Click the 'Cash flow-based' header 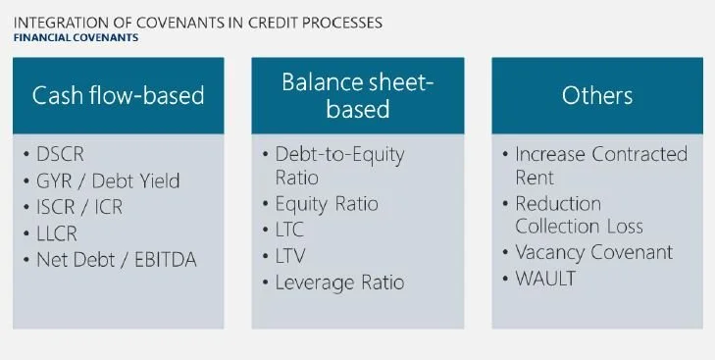click(x=118, y=95)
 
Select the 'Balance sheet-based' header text click(x=357, y=95)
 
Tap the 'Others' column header click(x=597, y=95)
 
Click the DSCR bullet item click(x=60, y=154)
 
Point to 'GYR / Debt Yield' click(x=108, y=180)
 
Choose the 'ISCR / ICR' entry click(x=79, y=207)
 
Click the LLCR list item click(x=57, y=233)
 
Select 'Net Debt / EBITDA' click(x=117, y=260)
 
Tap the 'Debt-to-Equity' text click(x=339, y=155)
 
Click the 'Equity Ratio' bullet click(x=327, y=204)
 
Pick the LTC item click(x=289, y=230)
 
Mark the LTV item click(x=290, y=256)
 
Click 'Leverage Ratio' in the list click(x=339, y=283)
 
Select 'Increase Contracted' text click(x=601, y=154)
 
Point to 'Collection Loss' click(x=579, y=227)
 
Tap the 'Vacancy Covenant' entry click(x=593, y=252)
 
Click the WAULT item click(x=545, y=279)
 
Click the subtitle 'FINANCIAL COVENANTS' click(x=76, y=37)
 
